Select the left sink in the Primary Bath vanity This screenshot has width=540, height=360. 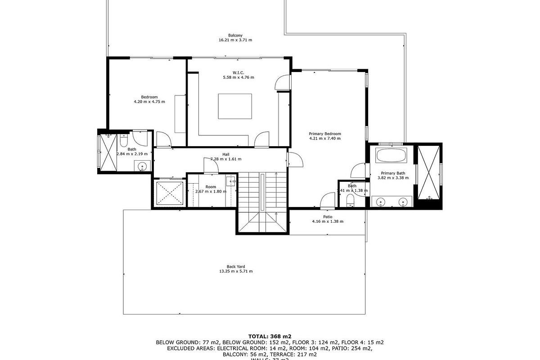[x=381, y=202]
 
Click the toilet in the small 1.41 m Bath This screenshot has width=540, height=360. [x=351, y=202]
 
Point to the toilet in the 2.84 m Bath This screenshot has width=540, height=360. [x=123, y=141]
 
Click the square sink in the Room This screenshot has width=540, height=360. [x=231, y=181]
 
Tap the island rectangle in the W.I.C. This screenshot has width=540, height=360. [x=235, y=106]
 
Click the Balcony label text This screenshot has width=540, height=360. [x=235, y=36]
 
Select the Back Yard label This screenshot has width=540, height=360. [x=235, y=266]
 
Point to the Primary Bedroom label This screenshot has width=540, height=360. [x=324, y=134]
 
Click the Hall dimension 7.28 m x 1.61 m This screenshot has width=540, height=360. [x=226, y=159]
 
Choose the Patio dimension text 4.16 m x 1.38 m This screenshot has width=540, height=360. [x=327, y=221]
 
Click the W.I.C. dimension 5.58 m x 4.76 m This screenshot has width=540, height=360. [x=238, y=77]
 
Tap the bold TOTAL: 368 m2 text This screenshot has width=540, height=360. [x=270, y=336]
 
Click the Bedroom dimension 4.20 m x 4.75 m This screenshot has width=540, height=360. [x=149, y=102]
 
